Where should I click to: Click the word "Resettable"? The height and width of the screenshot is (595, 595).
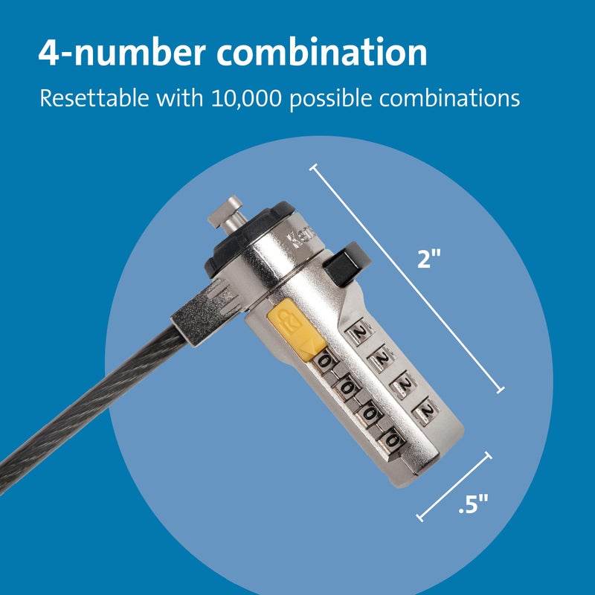click(x=92, y=98)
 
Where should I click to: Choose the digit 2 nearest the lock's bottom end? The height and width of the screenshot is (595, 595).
click(x=425, y=410)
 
